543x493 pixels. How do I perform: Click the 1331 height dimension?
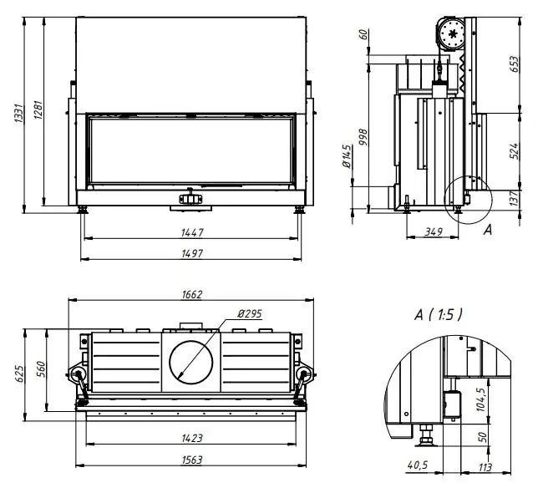(x=18, y=116)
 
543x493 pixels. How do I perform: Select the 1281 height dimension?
(x=38, y=116)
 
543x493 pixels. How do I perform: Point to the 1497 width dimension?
(x=191, y=253)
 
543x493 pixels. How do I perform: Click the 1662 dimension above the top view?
(x=191, y=294)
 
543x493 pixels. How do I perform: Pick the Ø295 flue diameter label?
(x=249, y=313)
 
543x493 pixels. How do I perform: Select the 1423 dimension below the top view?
(x=191, y=437)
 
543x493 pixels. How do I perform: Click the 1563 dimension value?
(x=191, y=460)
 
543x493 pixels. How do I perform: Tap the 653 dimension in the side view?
(x=515, y=64)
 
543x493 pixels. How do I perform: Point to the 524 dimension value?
(x=515, y=150)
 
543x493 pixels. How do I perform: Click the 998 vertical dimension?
(x=363, y=139)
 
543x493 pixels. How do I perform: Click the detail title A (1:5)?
(x=438, y=314)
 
